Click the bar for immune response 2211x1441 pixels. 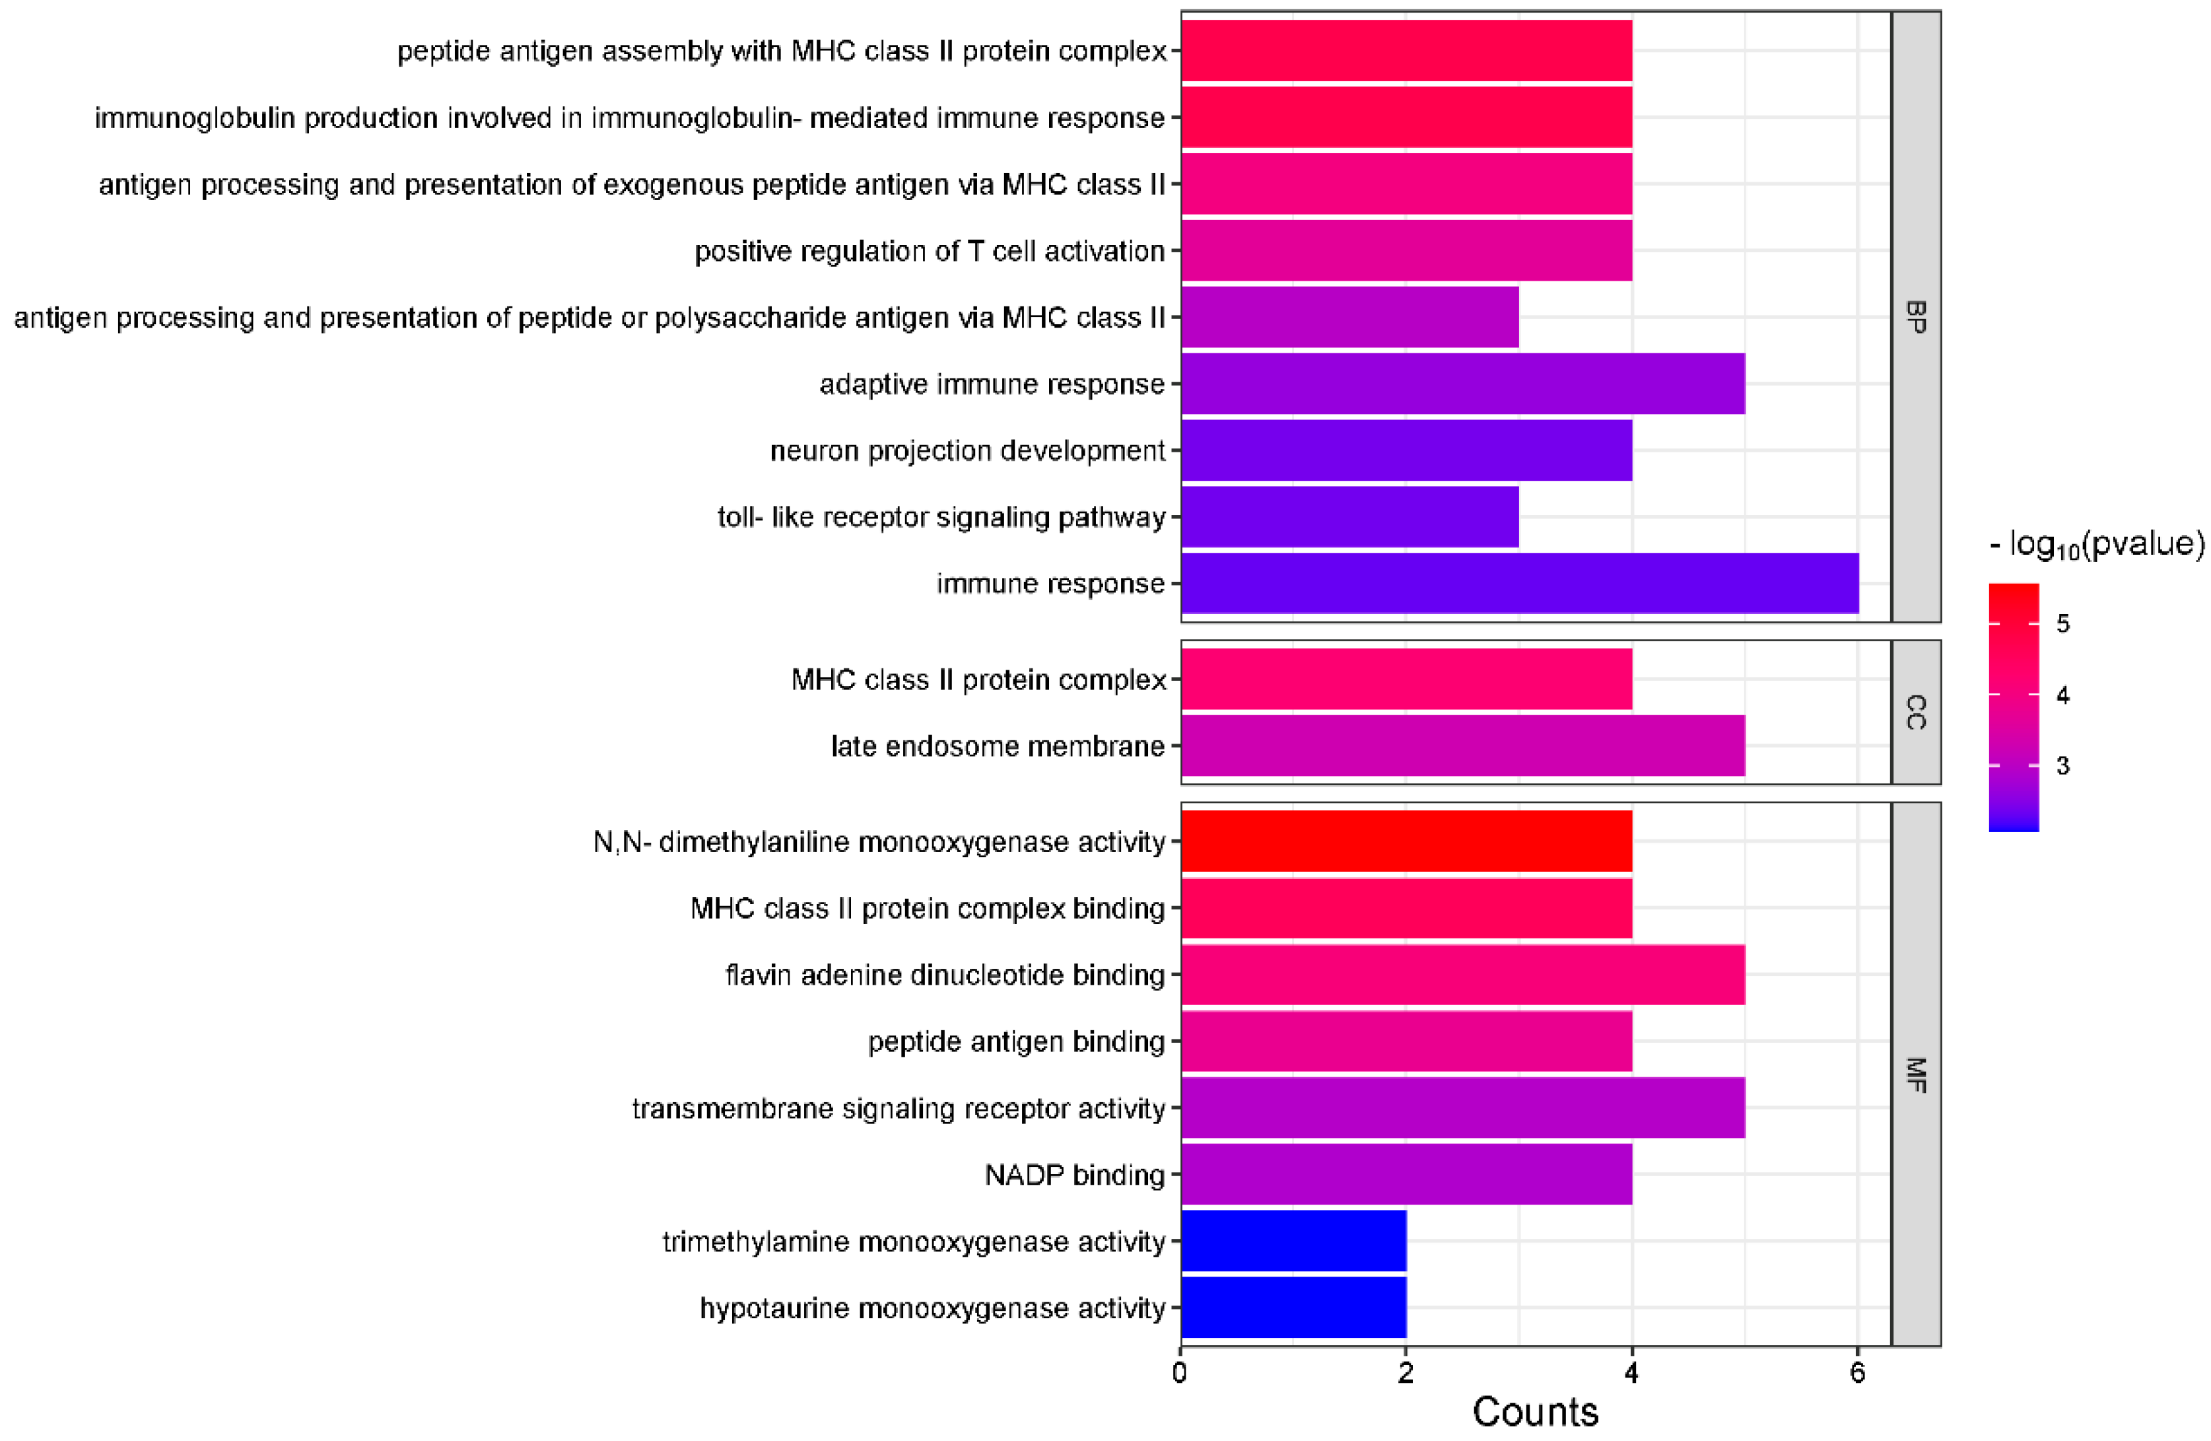click(x=1519, y=583)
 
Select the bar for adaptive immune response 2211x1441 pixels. click(x=1462, y=384)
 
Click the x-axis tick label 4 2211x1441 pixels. click(x=1631, y=1373)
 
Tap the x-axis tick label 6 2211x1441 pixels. click(x=1857, y=1373)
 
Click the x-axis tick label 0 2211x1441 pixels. click(x=1180, y=1373)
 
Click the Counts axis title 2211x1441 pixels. click(x=1535, y=1412)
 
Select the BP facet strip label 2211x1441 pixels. click(x=1916, y=317)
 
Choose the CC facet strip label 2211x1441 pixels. click(x=1916, y=712)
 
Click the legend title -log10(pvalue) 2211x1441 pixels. click(x=2096, y=544)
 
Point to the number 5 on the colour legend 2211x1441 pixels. click(x=2062, y=623)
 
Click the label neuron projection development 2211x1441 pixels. click(x=967, y=450)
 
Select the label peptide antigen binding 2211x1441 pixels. click(x=1015, y=1041)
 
